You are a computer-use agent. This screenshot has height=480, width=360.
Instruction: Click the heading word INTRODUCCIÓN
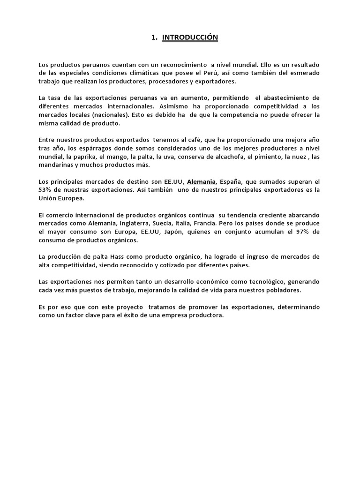click(190, 37)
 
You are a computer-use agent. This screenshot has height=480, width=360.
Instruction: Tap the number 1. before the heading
click(154, 37)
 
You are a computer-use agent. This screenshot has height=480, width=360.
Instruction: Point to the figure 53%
click(45, 190)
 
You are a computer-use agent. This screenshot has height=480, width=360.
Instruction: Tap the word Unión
click(48, 199)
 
